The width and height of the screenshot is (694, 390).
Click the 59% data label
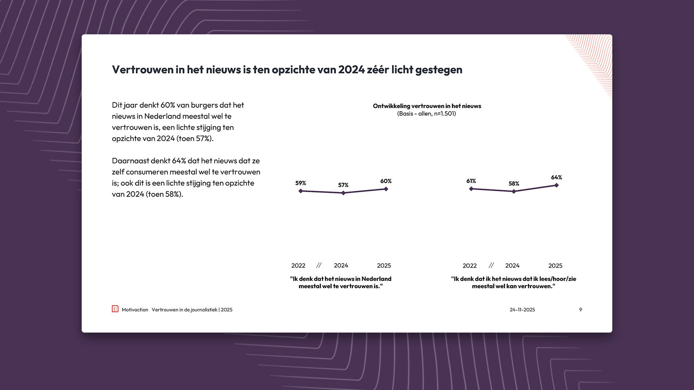click(x=300, y=183)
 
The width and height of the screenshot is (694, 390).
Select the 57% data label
click(x=343, y=185)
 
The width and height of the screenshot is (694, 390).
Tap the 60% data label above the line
click(x=386, y=181)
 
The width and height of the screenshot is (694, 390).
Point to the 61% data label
click(x=471, y=181)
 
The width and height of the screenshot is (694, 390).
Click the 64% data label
click(x=556, y=177)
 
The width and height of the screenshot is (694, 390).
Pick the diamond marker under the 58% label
click(x=514, y=191)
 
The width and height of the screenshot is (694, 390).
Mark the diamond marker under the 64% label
click(x=557, y=185)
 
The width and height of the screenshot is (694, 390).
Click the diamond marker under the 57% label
click(x=343, y=193)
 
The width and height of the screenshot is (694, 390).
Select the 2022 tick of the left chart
click(x=298, y=265)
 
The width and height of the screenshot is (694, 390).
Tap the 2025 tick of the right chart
click(x=555, y=265)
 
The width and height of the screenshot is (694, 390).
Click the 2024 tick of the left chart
click(x=341, y=265)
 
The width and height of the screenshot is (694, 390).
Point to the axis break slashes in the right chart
click(x=491, y=265)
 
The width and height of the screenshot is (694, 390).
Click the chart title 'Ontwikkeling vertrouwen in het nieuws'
click(x=427, y=106)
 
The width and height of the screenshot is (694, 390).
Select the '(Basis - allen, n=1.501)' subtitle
click(x=427, y=113)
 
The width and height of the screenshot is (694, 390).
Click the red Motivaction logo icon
click(x=115, y=309)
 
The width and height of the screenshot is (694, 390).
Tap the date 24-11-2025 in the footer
click(x=522, y=309)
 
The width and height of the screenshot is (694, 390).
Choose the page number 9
click(x=581, y=309)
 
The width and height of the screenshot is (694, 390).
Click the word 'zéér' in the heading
click(x=378, y=69)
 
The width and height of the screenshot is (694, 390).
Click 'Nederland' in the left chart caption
click(x=376, y=279)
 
